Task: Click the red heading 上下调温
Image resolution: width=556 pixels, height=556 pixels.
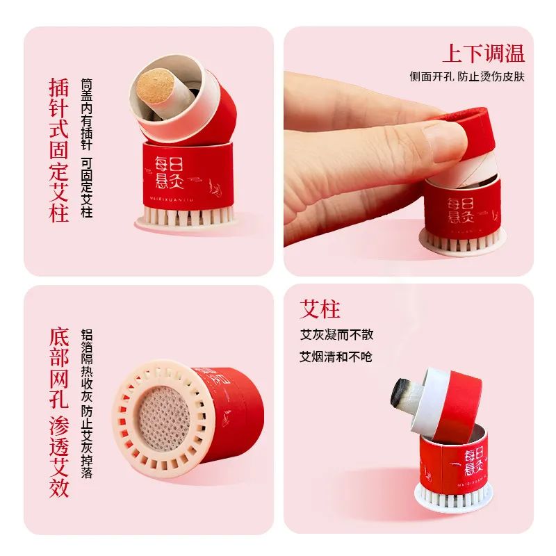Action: (483, 54)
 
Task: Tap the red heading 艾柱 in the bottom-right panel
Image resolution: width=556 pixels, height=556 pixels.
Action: (320, 309)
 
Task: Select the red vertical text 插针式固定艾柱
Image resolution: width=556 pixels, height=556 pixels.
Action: (60, 149)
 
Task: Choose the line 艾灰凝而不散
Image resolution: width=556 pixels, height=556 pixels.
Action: (336, 334)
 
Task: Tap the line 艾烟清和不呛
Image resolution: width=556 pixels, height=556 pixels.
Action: (336, 357)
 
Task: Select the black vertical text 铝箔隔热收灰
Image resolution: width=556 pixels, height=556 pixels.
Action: (87, 366)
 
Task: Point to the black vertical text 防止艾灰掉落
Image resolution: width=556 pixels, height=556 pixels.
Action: (87, 442)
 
